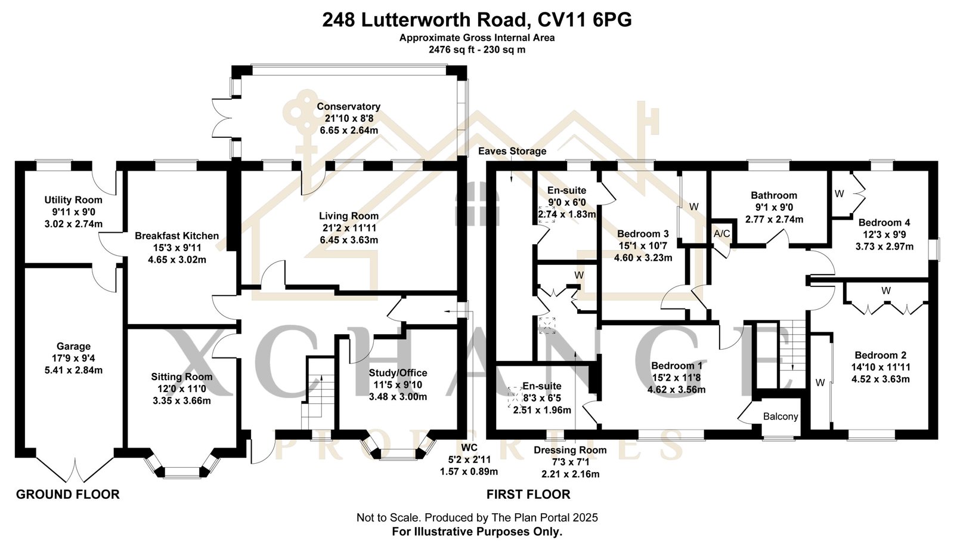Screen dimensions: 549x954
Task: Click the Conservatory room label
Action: pos(348,106)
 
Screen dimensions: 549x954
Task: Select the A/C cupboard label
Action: pos(721,234)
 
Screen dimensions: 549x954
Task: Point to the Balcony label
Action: pos(780,417)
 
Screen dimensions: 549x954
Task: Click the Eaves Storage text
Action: pos(512,151)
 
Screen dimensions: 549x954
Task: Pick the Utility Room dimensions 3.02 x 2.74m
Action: pos(73,224)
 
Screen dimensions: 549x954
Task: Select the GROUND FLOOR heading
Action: pos(67,494)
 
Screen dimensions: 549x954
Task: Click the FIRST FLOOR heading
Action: pos(528,494)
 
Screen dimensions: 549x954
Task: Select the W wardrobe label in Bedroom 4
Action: pos(839,193)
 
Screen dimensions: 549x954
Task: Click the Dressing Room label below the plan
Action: pos(570,450)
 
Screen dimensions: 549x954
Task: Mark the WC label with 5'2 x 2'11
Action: pos(469,448)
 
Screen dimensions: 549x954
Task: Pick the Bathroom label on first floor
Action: pos(773,195)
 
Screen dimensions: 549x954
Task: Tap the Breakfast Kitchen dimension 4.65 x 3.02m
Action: pos(177,260)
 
